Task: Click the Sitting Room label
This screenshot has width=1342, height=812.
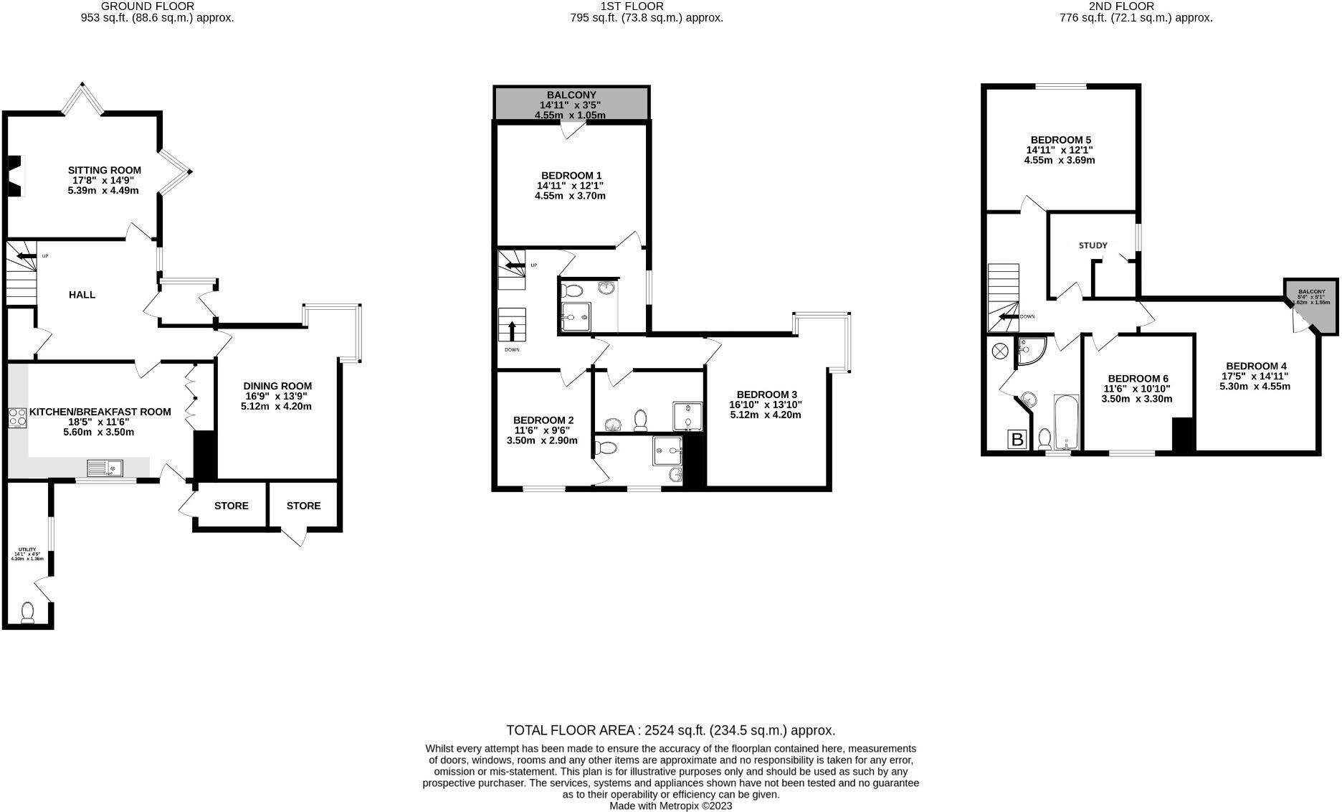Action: [105, 171]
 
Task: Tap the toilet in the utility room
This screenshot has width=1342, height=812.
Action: [28, 613]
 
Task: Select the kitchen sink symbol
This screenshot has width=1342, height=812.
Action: [105, 468]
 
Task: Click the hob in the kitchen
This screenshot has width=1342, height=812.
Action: [17, 417]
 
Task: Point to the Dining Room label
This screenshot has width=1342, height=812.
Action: [277, 386]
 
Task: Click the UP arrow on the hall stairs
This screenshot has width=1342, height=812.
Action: [26, 256]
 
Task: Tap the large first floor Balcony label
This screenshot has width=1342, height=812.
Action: [571, 95]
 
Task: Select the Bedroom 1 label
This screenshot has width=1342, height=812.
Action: [571, 176]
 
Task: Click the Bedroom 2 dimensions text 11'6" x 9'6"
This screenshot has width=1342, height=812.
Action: [542, 430]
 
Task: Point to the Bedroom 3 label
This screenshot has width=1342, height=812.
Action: [766, 395]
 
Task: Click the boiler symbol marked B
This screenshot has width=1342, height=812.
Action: [1017, 439]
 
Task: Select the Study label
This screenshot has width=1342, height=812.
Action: [1093, 245]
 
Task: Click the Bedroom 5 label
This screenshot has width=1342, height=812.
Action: [1060, 140]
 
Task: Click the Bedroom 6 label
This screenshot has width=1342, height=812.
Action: [1138, 379]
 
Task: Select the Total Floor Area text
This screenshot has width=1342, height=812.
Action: [670, 730]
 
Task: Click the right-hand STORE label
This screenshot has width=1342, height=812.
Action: [303, 506]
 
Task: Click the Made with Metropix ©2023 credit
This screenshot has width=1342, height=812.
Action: [670, 806]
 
